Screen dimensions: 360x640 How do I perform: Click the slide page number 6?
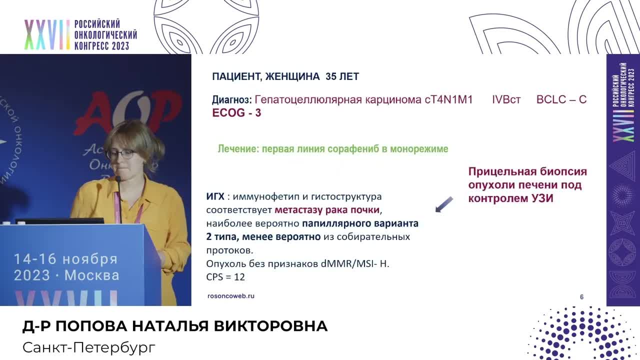click(x=581, y=297)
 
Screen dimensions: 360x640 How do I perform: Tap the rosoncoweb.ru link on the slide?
click(x=230, y=296)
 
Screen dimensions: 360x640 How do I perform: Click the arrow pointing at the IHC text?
click(x=443, y=204)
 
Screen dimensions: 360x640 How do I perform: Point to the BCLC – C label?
click(x=561, y=99)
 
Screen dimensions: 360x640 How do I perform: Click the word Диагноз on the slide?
click(x=231, y=99)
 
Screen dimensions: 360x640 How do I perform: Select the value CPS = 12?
click(x=225, y=276)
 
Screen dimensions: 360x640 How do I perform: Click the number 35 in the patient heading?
click(x=330, y=76)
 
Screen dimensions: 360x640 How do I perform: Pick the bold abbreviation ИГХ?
click(x=215, y=196)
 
